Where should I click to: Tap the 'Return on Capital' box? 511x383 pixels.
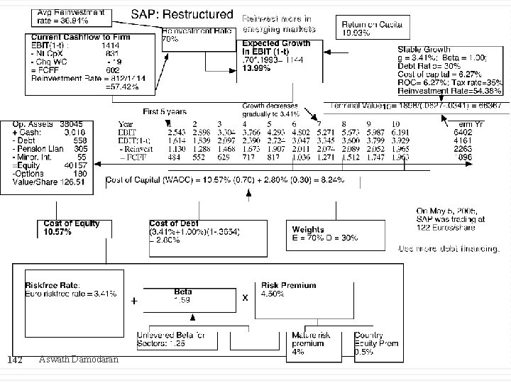pos(373,28)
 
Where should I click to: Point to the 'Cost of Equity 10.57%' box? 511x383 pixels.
pos(72,227)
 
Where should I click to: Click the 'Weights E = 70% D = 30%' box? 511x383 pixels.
pos(326,233)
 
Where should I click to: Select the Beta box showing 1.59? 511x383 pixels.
pos(183,296)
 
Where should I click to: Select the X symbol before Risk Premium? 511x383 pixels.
pos(246,298)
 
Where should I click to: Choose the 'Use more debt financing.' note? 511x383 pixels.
pos(449,249)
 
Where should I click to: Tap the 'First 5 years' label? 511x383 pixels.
pos(165,111)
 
